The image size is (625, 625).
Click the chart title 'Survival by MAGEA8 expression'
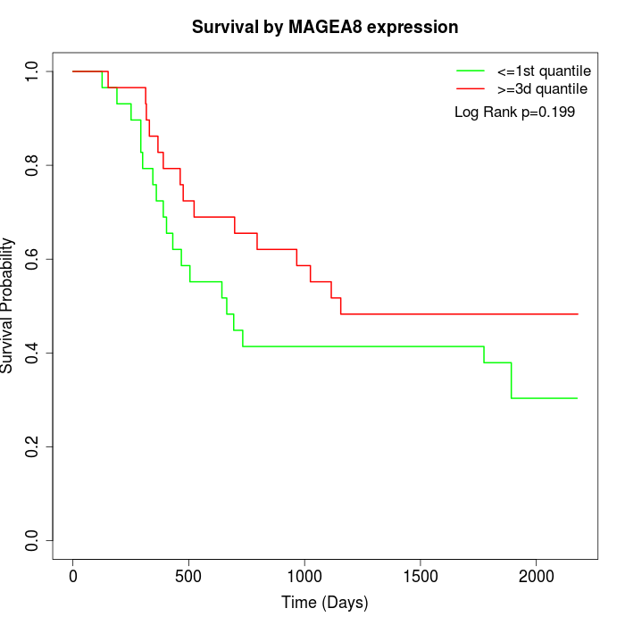(325, 27)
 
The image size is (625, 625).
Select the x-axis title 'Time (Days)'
(325, 603)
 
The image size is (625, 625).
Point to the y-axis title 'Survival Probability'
(8, 305)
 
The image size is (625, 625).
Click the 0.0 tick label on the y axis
(33, 540)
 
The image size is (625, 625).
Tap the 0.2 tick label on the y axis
(33, 446)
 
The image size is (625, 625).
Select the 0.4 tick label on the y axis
(33, 353)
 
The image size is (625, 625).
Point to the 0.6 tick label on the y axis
(33, 259)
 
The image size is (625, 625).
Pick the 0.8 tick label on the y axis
(33, 165)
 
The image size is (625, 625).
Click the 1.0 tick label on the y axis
(33, 71)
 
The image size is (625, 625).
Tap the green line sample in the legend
(471, 70)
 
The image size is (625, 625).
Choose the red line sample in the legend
(471, 88)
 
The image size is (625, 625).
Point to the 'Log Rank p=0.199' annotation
(514, 112)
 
